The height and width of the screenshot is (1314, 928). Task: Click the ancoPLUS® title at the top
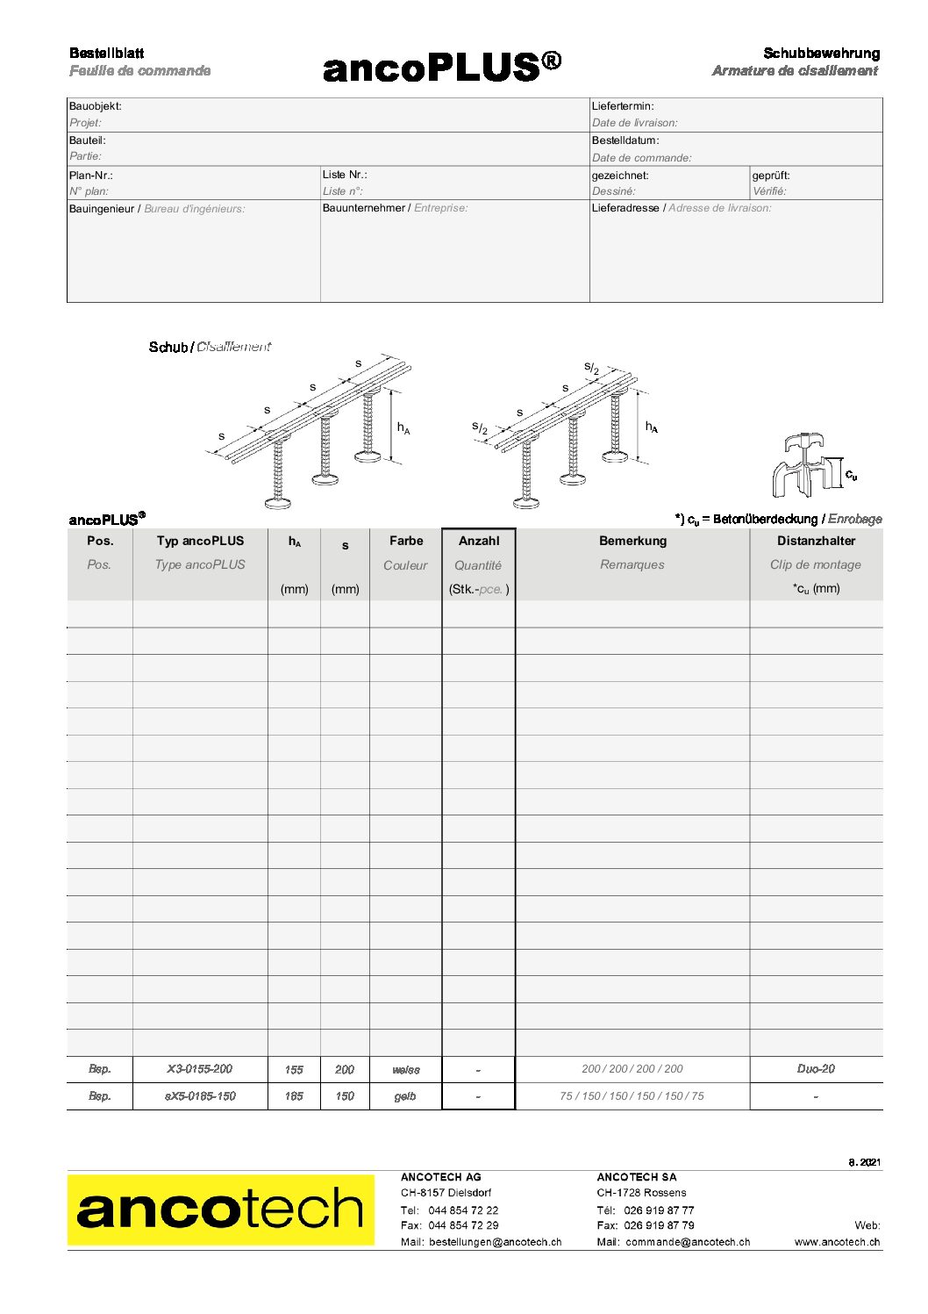point(441,67)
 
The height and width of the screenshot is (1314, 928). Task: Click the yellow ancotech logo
point(220,1210)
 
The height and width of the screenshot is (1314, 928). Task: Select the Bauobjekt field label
point(96,106)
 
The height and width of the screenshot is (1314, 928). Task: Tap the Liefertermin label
point(623,106)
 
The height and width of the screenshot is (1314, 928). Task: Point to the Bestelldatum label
point(625,140)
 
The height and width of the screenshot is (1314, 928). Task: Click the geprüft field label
point(771,176)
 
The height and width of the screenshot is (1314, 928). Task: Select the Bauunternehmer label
point(364,208)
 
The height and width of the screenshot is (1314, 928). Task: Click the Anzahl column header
point(479,541)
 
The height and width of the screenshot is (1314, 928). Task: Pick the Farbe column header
point(406,541)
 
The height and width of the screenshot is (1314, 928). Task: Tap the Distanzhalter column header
point(816,541)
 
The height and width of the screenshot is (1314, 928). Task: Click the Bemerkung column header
point(632,541)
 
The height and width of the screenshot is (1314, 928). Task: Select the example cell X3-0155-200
point(200,1069)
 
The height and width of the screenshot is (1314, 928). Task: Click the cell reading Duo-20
point(816,1069)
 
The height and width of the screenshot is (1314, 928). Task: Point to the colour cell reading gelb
point(405,1096)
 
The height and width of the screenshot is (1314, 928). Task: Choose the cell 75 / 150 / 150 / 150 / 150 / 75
point(632,1096)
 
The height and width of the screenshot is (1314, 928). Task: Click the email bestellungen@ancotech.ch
point(495,1242)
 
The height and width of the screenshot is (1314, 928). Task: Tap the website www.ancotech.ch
point(837,1242)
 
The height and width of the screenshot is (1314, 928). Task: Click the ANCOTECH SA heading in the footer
point(637,1177)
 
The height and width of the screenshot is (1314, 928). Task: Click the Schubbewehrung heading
point(821,54)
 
